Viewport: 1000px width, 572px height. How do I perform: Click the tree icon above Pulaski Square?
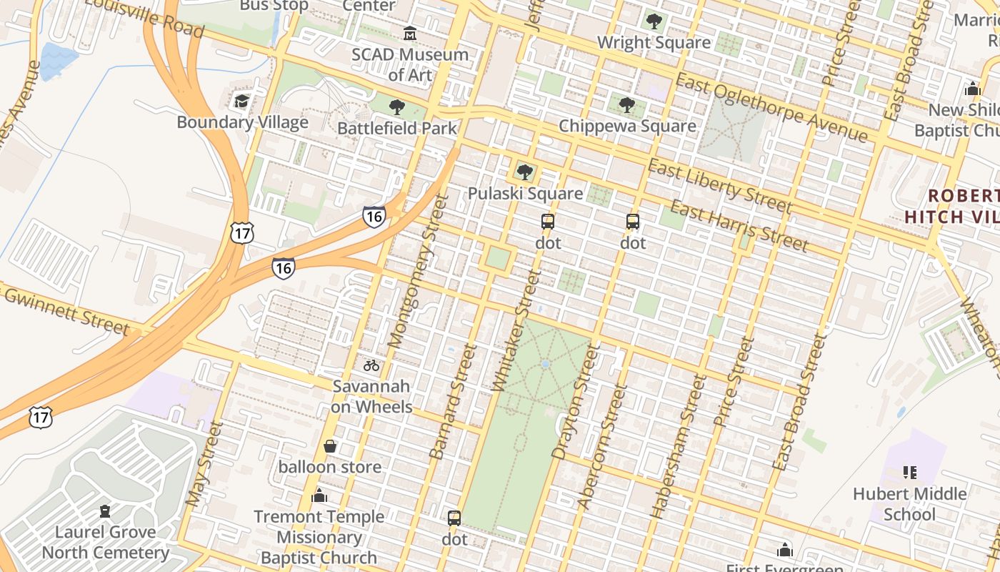click(x=525, y=172)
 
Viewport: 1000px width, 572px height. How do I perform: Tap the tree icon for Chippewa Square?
click(x=627, y=105)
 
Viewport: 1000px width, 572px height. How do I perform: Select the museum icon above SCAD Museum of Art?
click(x=410, y=33)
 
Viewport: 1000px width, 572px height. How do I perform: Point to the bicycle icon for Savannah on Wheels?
click(x=371, y=365)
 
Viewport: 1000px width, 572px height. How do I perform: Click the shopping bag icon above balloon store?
click(x=330, y=446)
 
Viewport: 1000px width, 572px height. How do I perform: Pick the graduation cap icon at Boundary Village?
click(x=242, y=101)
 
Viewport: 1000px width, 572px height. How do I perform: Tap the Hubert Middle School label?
click(x=910, y=504)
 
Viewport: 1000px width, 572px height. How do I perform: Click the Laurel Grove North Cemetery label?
click(x=106, y=542)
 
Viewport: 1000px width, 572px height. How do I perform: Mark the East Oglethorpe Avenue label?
click(x=771, y=108)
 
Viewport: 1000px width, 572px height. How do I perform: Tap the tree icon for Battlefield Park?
click(x=396, y=108)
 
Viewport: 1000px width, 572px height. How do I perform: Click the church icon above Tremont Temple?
click(x=319, y=495)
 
